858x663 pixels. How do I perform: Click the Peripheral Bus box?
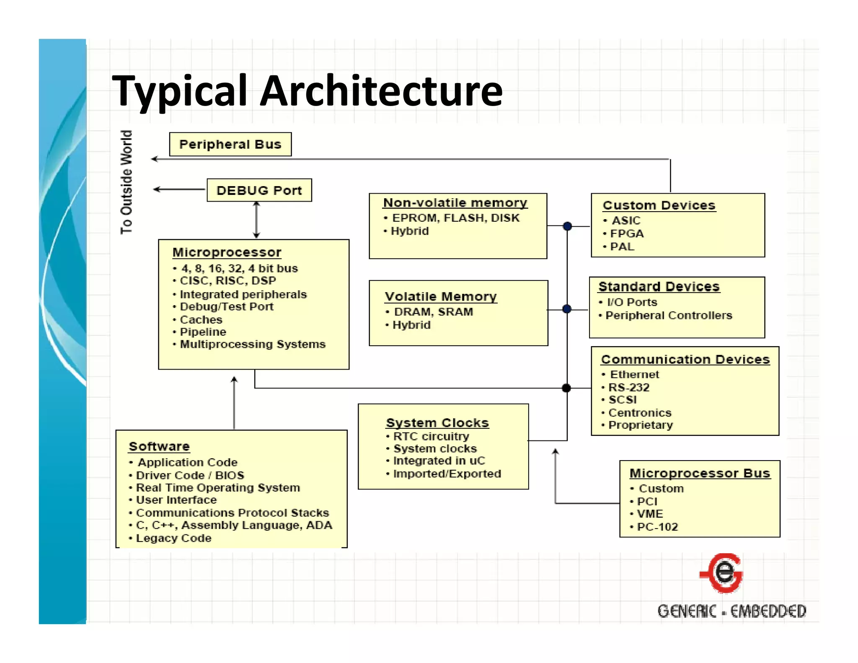pos(230,145)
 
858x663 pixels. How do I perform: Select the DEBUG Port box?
pos(259,191)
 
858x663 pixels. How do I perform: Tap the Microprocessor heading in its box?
pos(227,252)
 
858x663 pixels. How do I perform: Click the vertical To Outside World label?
pos(126,182)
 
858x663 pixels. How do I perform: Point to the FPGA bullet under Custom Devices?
pos(626,233)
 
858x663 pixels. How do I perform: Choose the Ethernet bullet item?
pos(634,374)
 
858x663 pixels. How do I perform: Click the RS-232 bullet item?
pos(628,387)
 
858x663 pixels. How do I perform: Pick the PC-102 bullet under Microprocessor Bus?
pos(657,527)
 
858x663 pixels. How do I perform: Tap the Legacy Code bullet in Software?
pos(173,538)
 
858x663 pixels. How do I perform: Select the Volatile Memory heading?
pos(441,297)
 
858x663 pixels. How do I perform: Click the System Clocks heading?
pos(437,423)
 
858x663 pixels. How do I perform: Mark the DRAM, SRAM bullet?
pos(433,312)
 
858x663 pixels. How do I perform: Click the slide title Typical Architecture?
pos(307,91)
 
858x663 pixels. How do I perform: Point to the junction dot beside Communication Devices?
pos(566,388)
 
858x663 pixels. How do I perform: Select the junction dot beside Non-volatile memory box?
pos(567,226)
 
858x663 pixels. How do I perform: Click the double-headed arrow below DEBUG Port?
pos(256,220)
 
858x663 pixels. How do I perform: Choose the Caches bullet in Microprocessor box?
pos(201,320)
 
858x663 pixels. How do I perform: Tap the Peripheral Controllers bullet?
pos(668,315)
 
